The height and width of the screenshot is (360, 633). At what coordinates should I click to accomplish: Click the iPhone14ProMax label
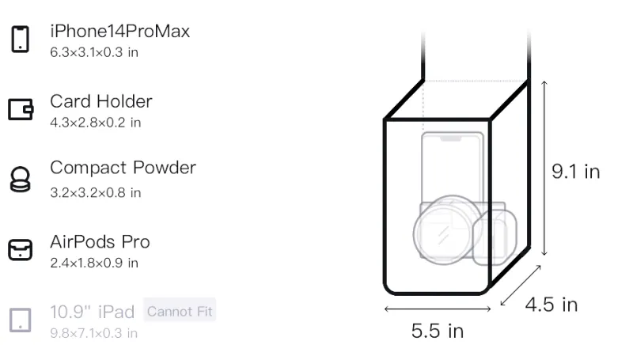[x=120, y=32]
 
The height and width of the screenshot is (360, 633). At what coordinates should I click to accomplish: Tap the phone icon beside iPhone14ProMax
[x=21, y=39]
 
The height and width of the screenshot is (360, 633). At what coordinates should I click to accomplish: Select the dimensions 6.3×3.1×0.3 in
[x=94, y=52]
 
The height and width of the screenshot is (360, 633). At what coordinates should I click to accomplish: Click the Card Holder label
[x=101, y=101]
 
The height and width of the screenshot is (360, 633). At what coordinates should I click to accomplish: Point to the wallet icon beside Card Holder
[x=21, y=109]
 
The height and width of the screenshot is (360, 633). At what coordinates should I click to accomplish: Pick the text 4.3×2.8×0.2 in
[x=95, y=123]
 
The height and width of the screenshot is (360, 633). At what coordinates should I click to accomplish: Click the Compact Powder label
[x=123, y=168]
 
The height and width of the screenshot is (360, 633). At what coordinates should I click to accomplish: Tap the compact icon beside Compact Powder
[x=21, y=179]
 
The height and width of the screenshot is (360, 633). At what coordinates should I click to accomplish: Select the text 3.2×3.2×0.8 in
[x=95, y=193]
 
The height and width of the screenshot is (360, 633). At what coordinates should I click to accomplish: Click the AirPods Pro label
[x=100, y=242]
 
